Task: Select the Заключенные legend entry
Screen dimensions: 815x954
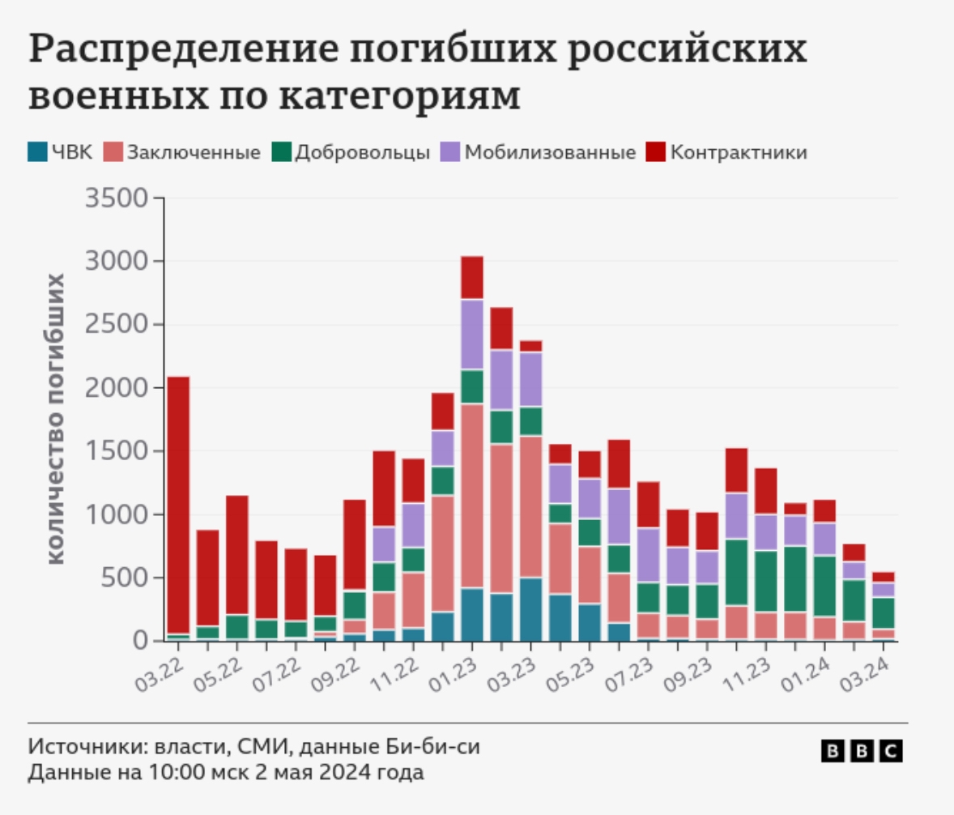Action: tap(183, 152)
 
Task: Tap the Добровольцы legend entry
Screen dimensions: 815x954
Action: tap(351, 152)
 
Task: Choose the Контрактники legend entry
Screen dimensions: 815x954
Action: tap(728, 152)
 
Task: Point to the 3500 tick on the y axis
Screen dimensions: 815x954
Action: tap(117, 198)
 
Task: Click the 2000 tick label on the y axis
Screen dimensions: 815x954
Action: tap(117, 388)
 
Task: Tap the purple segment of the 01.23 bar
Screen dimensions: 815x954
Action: tap(472, 334)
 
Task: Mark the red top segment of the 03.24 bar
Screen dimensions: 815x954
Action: tap(883, 577)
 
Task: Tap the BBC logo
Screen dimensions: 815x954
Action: tap(862, 751)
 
